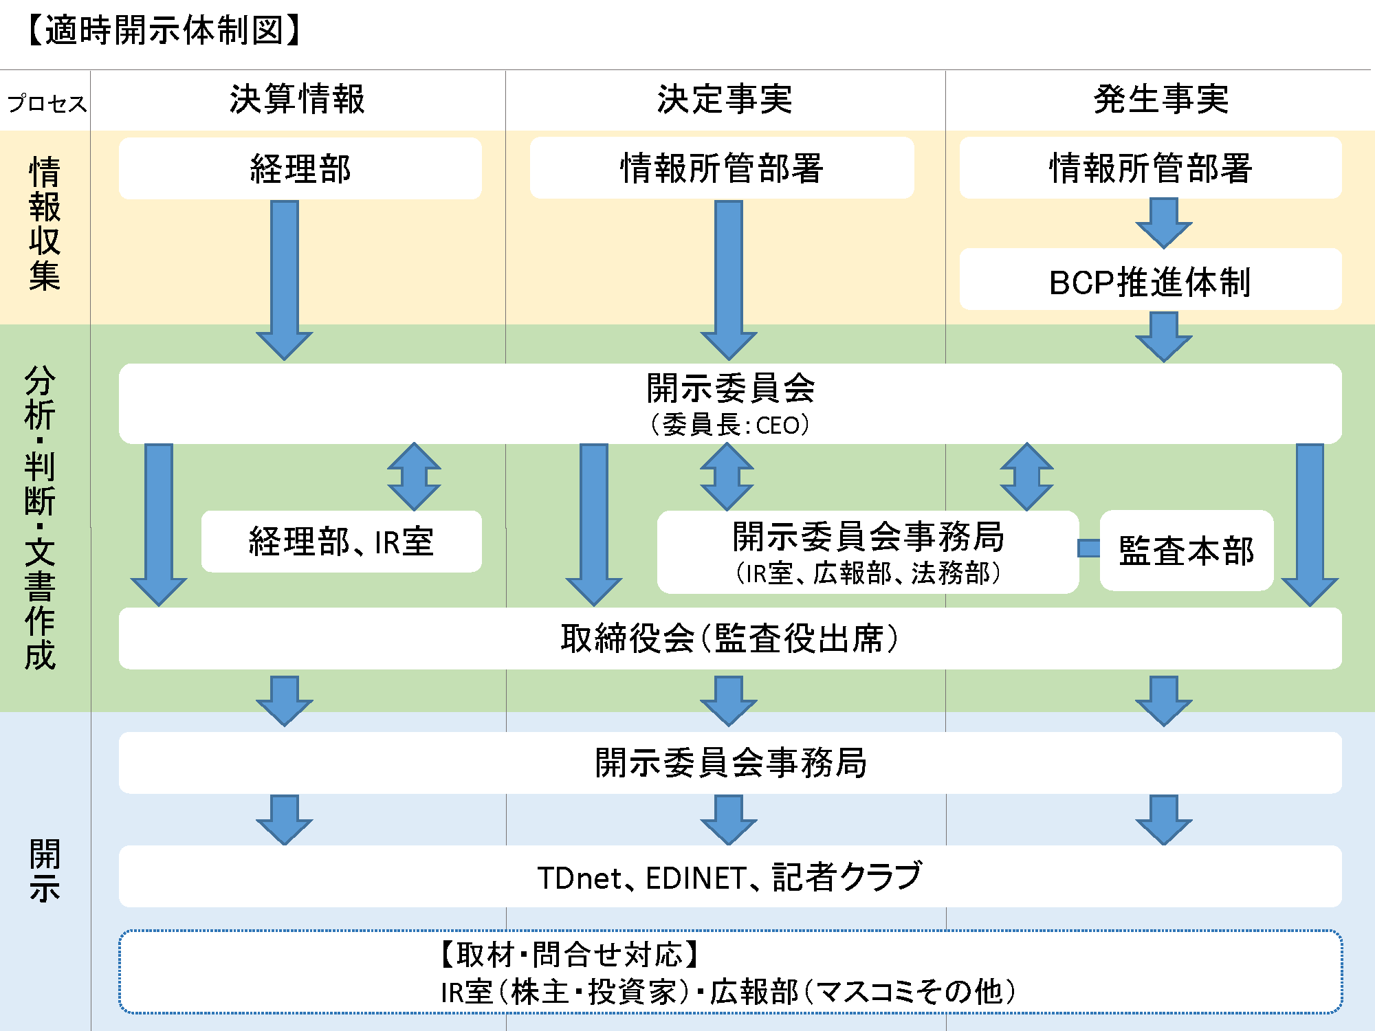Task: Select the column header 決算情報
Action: pos(297,99)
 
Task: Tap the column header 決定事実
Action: pos(725,99)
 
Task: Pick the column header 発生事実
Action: pos(1160,99)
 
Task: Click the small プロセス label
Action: pos(47,104)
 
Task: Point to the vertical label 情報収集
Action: pos(45,223)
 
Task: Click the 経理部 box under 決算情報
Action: pos(300,168)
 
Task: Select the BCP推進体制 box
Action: pos(1149,281)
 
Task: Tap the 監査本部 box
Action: pos(1186,551)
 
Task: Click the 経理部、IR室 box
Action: pos(341,542)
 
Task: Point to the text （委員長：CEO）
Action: pos(729,425)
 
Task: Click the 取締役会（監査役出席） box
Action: pos(729,639)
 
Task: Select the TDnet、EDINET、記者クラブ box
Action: pos(729,877)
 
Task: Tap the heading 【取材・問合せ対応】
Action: pos(570,954)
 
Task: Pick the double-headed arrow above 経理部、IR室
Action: pos(414,476)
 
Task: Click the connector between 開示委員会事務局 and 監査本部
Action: pos(1089,548)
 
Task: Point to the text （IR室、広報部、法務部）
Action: pos(868,573)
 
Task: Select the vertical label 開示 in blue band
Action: pos(45,870)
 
